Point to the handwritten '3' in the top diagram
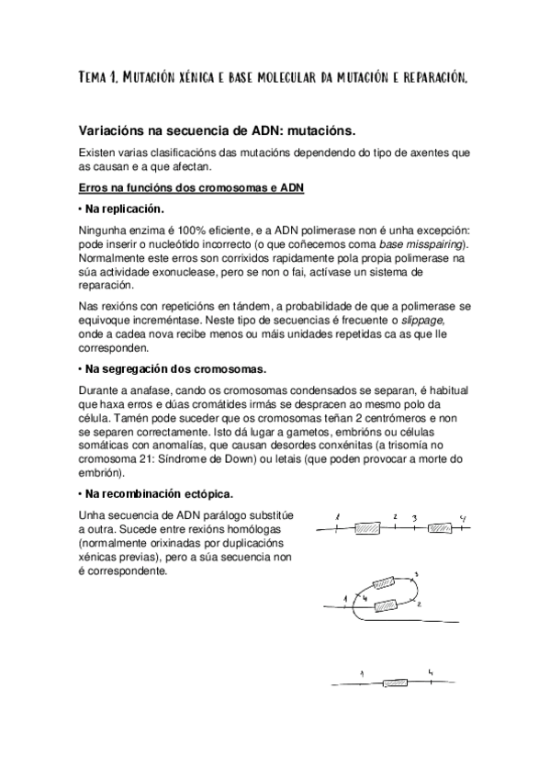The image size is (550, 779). tap(415, 518)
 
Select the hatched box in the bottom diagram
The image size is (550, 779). tap(397, 683)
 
